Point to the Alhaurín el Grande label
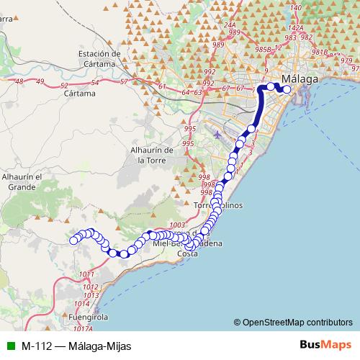(22, 181)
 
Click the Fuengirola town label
(89, 316)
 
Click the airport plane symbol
(218, 135)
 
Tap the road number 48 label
(19, 82)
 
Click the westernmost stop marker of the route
(73, 240)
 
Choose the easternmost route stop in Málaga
(287, 89)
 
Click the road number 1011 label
(86, 274)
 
